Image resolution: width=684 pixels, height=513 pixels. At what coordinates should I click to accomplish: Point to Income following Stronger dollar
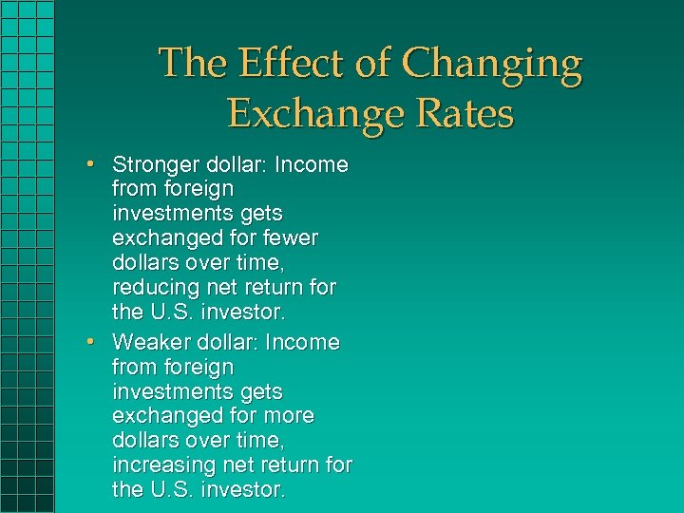coord(311,165)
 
